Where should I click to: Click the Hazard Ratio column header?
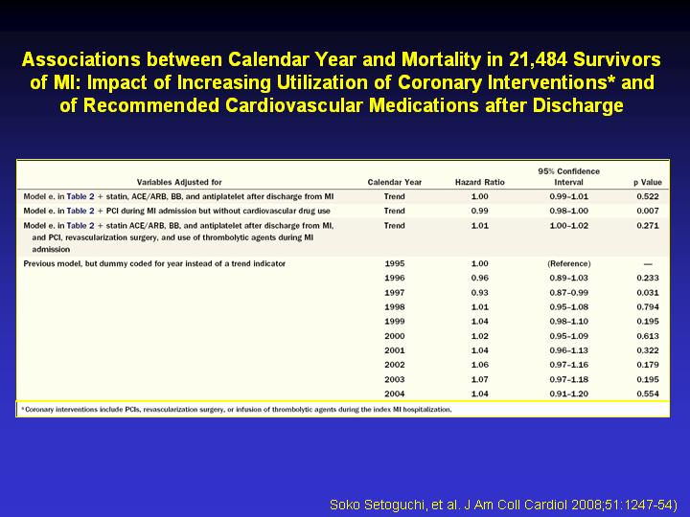coord(480,182)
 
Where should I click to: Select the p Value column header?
coord(647,182)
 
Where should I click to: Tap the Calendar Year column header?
coord(394,182)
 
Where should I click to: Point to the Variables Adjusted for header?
coord(179,182)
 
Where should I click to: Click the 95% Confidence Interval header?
coord(568,177)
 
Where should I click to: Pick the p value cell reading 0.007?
coord(647,211)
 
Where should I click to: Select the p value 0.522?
coord(647,196)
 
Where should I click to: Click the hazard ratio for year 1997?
coord(480,292)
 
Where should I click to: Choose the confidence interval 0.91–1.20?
coord(568,393)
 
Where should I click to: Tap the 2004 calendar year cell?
coord(394,393)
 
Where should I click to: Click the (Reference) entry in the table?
coord(568,263)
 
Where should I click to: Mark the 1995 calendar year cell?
coord(394,263)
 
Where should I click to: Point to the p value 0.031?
coord(647,292)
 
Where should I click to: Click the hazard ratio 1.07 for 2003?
coord(480,379)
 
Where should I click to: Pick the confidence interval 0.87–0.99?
coord(568,292)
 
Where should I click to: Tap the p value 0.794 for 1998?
coord(647,307)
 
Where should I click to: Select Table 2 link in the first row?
coord(80,196)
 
